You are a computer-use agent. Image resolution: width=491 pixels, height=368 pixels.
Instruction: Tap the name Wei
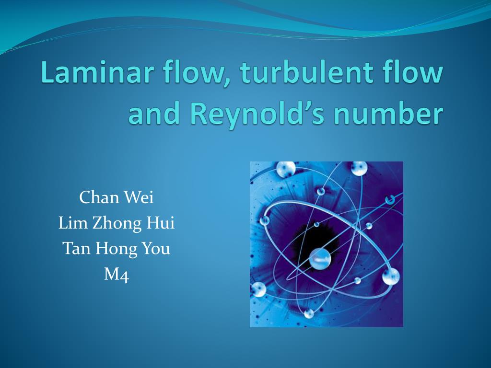(x=139, y=197)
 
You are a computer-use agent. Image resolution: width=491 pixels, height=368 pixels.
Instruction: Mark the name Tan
(x=76, y=249)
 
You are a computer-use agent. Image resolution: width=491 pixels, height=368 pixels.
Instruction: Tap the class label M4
(x=117, y=275)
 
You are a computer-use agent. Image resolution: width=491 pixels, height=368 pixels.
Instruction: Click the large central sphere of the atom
(x=320, y=259)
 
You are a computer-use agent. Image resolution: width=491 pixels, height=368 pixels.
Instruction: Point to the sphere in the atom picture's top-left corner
(x=285, y=169)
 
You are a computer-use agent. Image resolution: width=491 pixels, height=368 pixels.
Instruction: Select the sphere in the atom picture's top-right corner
(x=359, y=168)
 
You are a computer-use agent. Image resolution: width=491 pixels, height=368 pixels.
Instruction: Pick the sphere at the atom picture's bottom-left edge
(x=258, y=289)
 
